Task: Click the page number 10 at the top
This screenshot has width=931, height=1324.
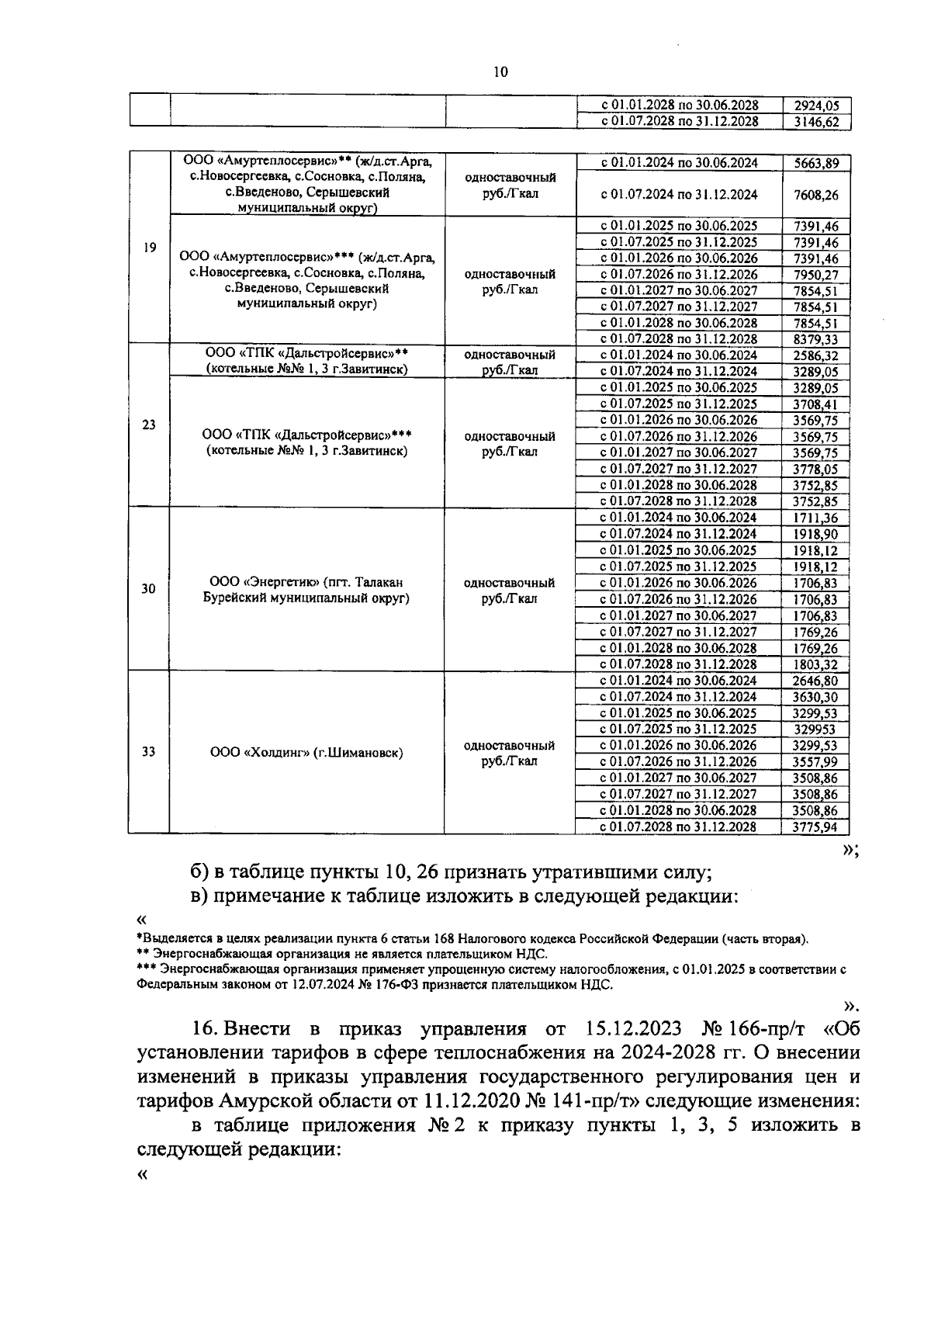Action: click(x=500, y=71)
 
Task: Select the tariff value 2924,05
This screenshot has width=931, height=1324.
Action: click(x=816, y=106)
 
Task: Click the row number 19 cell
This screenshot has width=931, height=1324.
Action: click(x=150, y=248)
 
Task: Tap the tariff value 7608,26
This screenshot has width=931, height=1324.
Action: click(x=816, y=195)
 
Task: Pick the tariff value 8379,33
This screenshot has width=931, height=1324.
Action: click(x=816, y=339)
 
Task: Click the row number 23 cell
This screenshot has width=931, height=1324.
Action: click(x=150, y=425)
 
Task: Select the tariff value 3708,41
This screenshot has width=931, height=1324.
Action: click(x=816, y=404)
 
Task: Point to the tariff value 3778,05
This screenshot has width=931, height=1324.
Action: click(x=816, y=469)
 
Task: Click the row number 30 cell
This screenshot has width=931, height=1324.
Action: click(x=149, y=589)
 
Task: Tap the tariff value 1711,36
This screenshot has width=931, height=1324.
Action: click(x=816, y=518)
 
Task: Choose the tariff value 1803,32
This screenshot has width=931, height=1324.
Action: click(x=816, y=664)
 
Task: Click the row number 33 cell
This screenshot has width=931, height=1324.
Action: click(x=149, y=752)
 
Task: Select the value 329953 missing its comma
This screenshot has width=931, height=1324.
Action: click(x=816, y=730)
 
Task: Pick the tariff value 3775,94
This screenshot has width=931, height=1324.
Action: click(x=816, y=827)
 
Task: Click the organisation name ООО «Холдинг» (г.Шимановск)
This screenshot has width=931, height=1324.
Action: click(x=306, y=752)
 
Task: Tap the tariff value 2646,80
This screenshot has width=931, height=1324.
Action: click(x=816, y=681)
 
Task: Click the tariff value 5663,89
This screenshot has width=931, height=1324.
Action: click(x=816, y=163)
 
